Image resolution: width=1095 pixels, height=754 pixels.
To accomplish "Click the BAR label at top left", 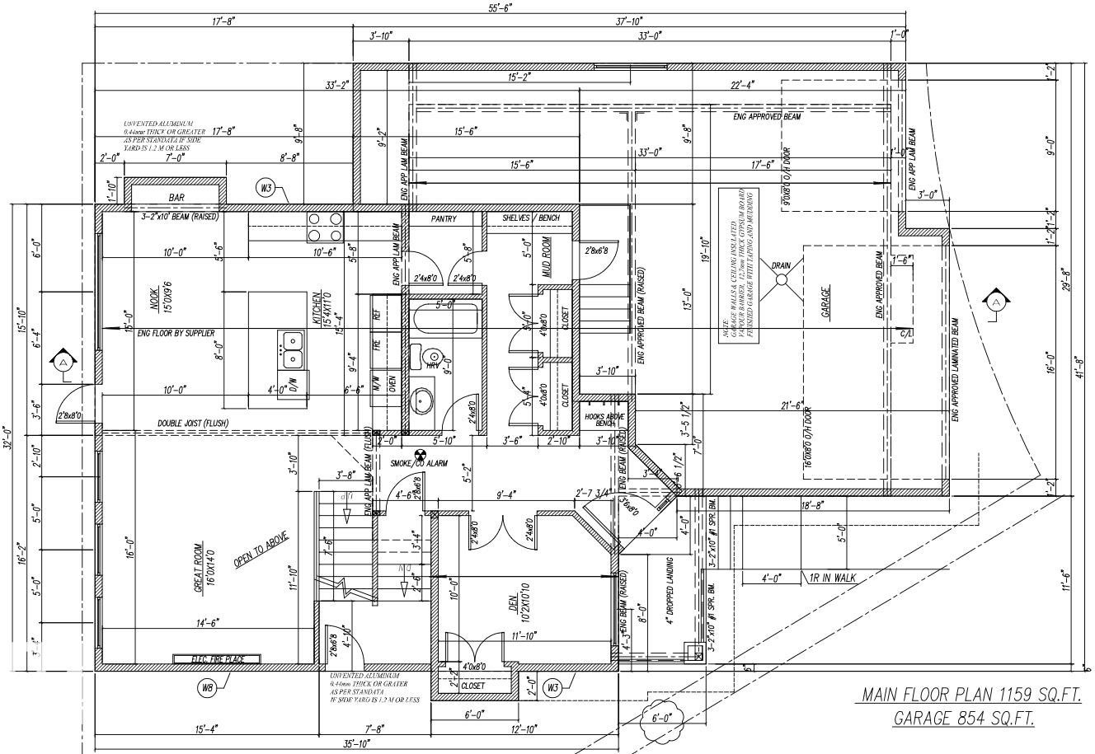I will tap(176, 198).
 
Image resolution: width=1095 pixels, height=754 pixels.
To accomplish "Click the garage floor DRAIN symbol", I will tap(781, 280).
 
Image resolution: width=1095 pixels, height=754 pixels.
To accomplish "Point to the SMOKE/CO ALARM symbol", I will tap(419, 453).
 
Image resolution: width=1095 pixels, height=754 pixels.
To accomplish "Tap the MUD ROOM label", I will tap(546, 256).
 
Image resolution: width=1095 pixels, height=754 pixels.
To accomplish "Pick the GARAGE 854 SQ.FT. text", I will tap(964, 719).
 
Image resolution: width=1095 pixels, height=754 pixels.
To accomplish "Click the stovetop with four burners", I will tap(325, 227).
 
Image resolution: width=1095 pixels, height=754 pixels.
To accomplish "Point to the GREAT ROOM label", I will tap(198, 569).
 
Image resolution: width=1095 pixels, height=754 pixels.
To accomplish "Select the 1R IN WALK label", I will tap(834, 578).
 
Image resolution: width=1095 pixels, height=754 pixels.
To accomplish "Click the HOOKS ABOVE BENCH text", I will tap(604, 419).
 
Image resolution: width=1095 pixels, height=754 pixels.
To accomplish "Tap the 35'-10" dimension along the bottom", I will tap(356, 744).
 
